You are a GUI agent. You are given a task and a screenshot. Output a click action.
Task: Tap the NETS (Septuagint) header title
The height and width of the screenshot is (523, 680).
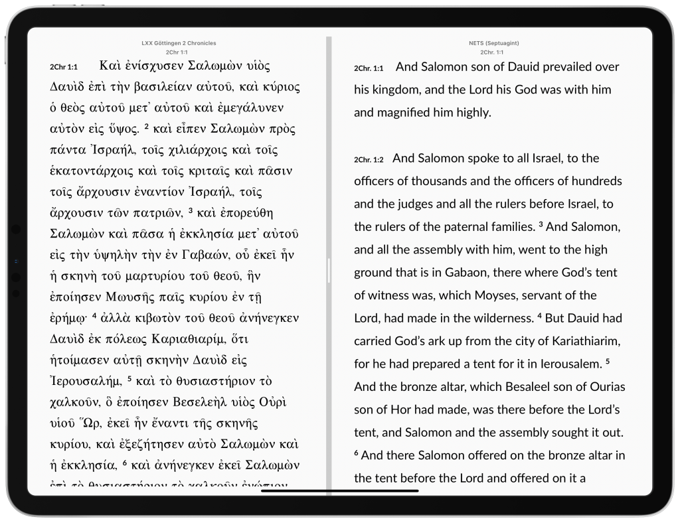point(493,43)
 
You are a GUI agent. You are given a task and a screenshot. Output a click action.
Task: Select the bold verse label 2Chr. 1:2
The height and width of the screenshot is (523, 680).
point(369,159)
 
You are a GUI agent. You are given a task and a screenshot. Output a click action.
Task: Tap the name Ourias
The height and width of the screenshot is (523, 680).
point(601,387)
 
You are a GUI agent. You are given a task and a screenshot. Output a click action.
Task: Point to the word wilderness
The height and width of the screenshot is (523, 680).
point(507,319)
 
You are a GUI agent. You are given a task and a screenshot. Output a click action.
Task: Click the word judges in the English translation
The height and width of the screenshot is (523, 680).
point(404,204)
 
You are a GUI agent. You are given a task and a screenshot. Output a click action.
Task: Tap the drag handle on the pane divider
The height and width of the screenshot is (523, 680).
point(328,271)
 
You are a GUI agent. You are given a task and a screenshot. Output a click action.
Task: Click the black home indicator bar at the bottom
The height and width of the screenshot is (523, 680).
point(339,492)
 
